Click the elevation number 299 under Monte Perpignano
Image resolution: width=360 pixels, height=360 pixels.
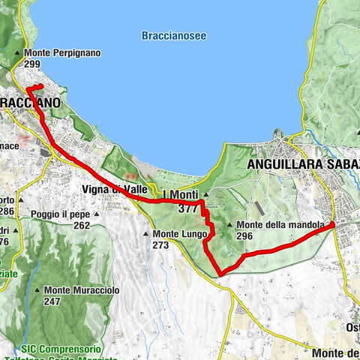coord(32,64)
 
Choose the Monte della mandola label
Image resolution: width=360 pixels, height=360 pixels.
coord(281,225)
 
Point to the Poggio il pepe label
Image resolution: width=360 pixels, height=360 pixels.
coord(61,214)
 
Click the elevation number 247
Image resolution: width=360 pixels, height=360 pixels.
coord(52,301)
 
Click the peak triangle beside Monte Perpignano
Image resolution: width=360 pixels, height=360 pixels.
coord(18,53)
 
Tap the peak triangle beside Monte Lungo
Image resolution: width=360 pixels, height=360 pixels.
coord(146,235)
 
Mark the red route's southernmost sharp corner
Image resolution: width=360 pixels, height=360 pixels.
coord(219,274)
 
